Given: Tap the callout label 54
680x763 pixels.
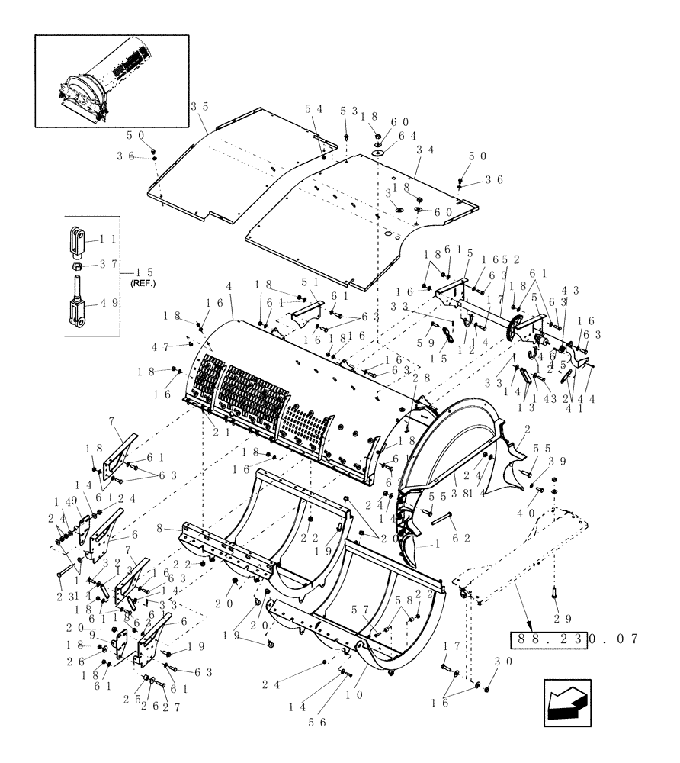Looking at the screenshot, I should (314, 109).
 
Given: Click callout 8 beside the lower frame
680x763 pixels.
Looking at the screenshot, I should (159, 527).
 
